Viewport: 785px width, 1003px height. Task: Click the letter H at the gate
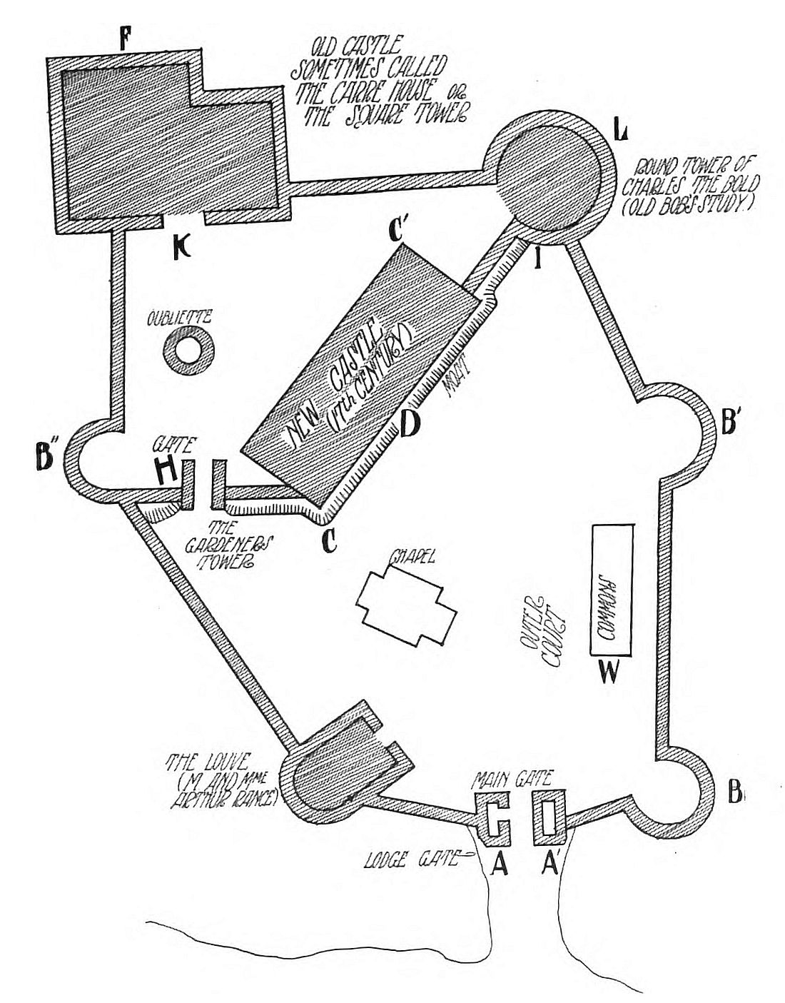click(x=168, y=472)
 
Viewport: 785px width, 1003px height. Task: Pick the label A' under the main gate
click(x=551, y=865)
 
